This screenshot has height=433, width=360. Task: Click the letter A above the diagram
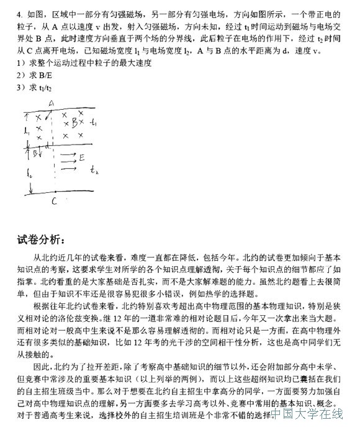pyautogui.click(x=52, y=103)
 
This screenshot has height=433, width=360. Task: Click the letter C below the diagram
pyautogui.click(x=54, y=201)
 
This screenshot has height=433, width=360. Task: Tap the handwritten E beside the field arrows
pyautogui.click(x=82, y=158)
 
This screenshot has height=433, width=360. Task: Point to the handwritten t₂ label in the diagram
pyautogui.click(x=94, y=169)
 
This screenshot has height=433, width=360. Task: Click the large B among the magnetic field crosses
pyautogui.click(x=74, y=122)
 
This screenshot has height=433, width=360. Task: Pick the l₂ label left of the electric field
pyautogui.click(x=30, y=175)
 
